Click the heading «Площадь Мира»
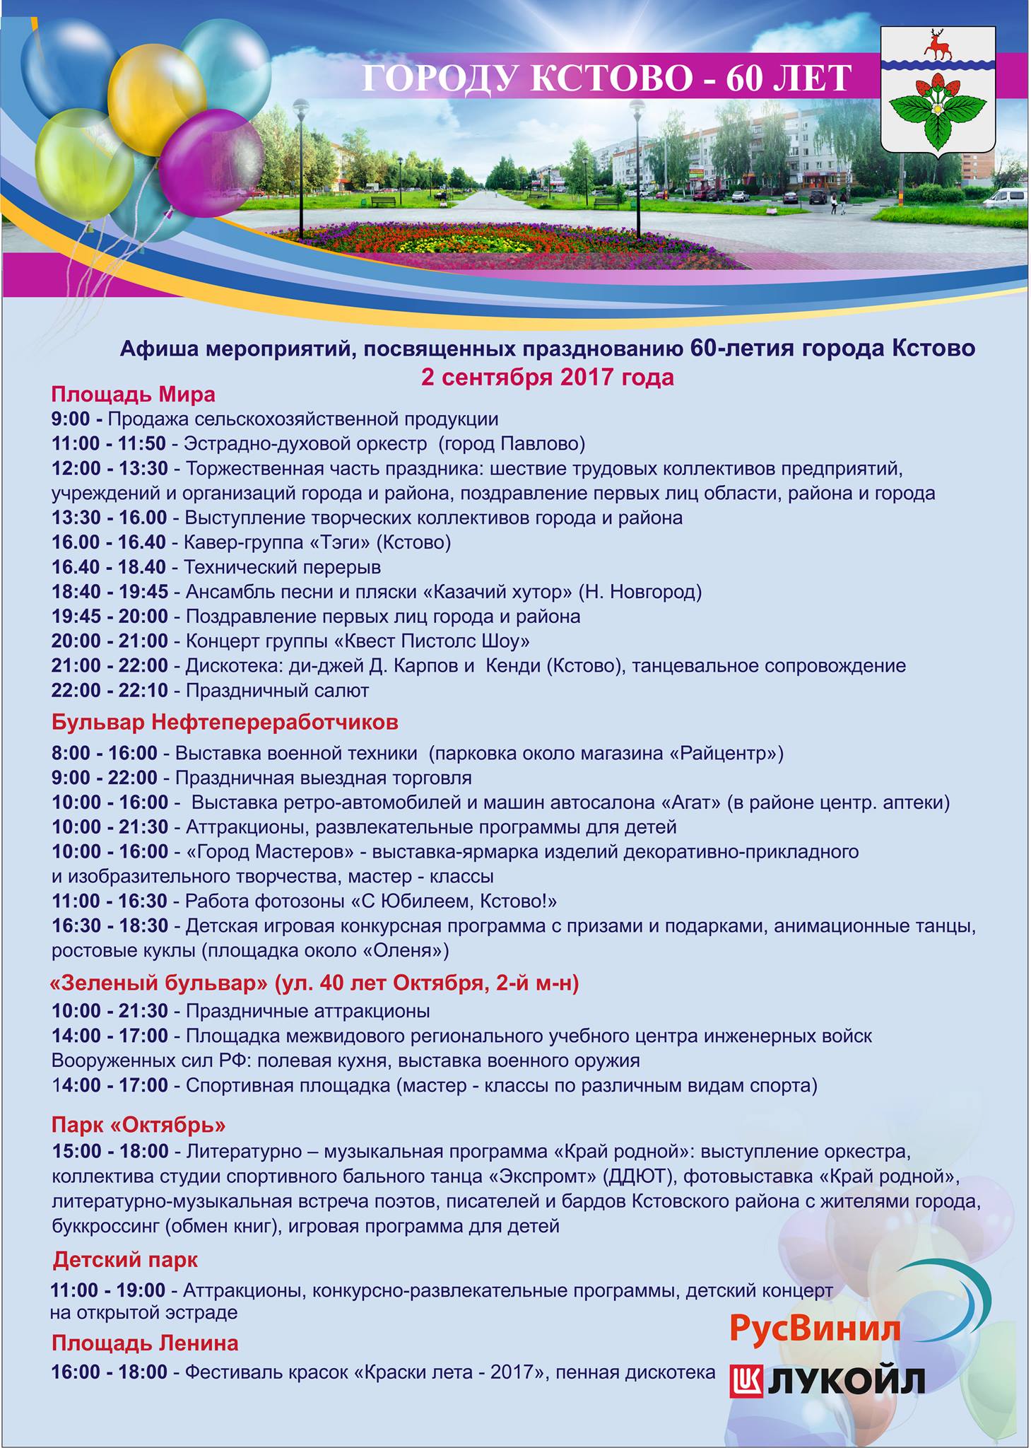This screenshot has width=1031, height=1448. (x=134, y=394)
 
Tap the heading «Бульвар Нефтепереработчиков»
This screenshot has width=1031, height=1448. (x=225, y=722)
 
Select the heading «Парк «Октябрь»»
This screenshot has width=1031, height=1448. (x=139, y=1124)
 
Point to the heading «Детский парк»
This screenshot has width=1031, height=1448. (x=125, y=1259)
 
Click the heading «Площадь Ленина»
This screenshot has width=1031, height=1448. (x=145, y=1343)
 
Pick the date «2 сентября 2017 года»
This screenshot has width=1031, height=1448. (x=547, y=377)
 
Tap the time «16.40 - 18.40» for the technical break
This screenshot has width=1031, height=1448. (x=109, y=567)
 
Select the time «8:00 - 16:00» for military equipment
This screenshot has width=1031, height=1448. (x=105, y=753)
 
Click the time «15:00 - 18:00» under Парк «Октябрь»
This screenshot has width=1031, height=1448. (x=110, y=1151)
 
